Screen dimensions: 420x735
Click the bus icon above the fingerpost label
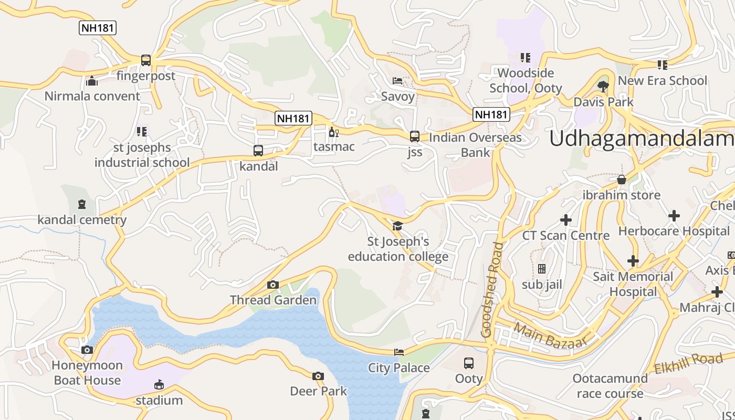(146, 60)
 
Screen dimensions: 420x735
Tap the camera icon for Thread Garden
(272, 285)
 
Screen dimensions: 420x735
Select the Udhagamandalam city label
(642, 139)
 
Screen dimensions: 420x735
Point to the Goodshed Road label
(494, 290)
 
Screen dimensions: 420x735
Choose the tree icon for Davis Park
(603, 86)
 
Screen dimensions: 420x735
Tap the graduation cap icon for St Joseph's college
(397, 226)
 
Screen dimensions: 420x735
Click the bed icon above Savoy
(397, 81)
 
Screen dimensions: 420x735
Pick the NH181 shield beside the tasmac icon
(293, 118)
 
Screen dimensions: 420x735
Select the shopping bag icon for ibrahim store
(622, 180)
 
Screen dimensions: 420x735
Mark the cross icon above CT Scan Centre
(566, 219)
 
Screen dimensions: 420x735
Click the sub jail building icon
(542, 269)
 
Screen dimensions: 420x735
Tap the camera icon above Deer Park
(318, 376)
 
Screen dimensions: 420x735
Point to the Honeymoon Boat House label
(87, 373)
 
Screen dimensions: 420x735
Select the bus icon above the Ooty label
(468, 363)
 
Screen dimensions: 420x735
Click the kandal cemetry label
(82, 220)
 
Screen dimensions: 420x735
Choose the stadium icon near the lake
(159, 385)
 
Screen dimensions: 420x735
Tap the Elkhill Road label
(688, 363)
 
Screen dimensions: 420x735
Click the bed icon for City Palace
(399, 352)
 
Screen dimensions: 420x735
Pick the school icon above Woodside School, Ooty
(525, 57)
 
